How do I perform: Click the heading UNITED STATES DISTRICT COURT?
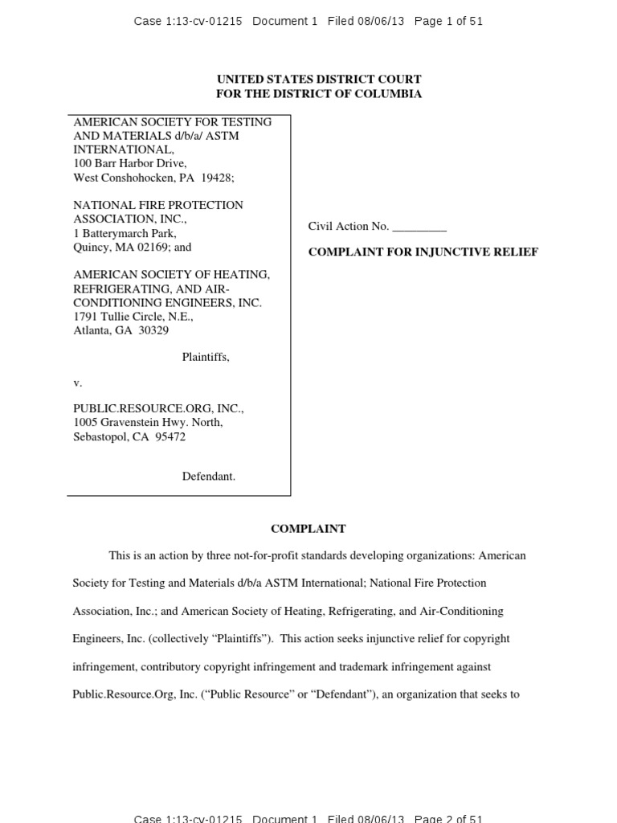click(x=319, y=80)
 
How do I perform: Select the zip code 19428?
click(x=216, y=178)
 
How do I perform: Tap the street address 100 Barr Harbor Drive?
click(x=129, y=163)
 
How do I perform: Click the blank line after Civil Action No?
click(x=419, y=227)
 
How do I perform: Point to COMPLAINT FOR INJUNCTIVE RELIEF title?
click(x=423, y=252)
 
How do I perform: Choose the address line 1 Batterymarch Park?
click(x=125, y=233)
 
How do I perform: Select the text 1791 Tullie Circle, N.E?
click(x=133, y=317)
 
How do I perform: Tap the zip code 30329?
click(x=153, y=330)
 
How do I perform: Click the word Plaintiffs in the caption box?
click(x=206, y=357)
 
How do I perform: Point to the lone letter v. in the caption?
click(x=77, y=383)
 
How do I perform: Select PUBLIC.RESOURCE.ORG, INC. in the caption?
click(x=158, y=408)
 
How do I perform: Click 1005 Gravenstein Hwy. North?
click(x=148, y=422)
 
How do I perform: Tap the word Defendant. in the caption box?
click(x=208, y=477)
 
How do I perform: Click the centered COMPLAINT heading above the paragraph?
click(x=308, y=529)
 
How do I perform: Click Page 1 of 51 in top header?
click(x=448, y=22)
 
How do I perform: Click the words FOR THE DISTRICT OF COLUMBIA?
click(x=319, y=94)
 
